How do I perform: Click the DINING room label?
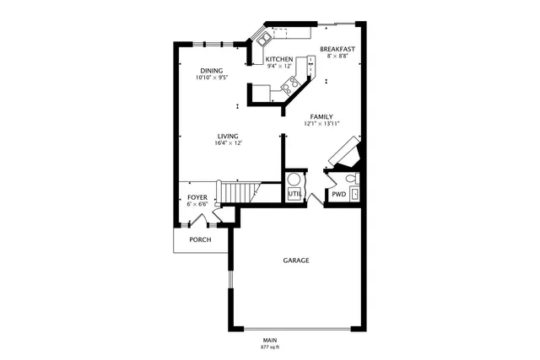pyautogui.click(x=210, y=70)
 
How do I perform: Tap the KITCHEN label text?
pyautogui.click(x=279, y=59)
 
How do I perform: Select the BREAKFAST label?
pyautogui.click(x=337, y=50)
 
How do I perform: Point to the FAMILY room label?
pyautogui.click(x=321, y=116)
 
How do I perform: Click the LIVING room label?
pyautogui.click(x=228, y=136)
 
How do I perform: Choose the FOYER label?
pyautogui.click(x=197, y=197)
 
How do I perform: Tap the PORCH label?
pyautogui.click(x=200, y=239)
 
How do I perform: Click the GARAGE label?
pyautogui.click(x=295, y=261)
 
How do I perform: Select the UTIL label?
pyautogui.click(x=294, y=194)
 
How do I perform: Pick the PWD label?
pyautogui.click(x=338, y=194)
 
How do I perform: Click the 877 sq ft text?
pyautogui.click(x=270, y=347)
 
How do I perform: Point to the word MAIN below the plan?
pyautogui.click(x=270, y=340)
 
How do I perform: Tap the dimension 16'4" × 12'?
pyautogui.click(x=228, y=143)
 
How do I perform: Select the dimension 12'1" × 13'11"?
pyautogui.click(x=321, y=124)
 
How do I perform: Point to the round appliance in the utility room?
pyautogui.click(x=295, y=180)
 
